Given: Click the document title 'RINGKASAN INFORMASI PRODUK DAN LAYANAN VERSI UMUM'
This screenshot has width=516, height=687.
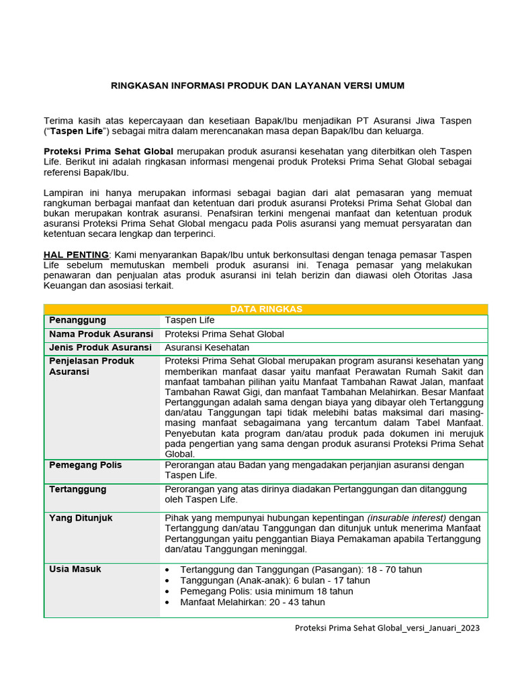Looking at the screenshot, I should [257, 86].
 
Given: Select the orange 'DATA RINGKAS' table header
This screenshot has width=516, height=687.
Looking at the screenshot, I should [266, 309].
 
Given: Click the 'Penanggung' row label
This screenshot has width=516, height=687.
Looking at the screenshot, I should [77, 321].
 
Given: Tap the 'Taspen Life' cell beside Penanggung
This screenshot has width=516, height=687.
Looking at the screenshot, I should [189, 321].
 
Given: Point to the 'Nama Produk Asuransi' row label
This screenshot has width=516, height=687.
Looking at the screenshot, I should [101, 334].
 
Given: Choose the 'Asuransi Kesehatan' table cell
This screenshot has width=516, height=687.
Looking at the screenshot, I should [207, 348].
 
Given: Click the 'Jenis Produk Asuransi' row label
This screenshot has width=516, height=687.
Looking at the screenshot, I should [100, 348].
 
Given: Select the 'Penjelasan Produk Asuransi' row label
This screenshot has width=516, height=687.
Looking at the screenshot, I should [91, 366].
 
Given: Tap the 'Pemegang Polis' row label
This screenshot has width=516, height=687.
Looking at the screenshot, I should [85, 465].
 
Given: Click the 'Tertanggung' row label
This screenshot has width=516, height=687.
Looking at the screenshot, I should [77, 489].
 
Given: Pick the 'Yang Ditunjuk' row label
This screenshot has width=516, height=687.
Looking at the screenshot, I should [81, 518].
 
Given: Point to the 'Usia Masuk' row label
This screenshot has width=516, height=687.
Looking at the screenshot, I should [75, 569].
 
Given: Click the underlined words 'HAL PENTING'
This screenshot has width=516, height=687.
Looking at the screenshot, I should [76, 255].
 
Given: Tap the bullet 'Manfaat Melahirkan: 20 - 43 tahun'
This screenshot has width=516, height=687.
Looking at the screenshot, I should [253, 602].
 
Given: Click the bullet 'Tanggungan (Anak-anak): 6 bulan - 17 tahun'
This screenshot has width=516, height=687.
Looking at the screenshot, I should [275, 580].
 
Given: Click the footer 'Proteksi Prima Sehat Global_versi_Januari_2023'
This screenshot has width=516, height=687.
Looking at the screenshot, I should [388, 628].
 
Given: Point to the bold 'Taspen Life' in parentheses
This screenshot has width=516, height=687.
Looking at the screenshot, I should [75, 131].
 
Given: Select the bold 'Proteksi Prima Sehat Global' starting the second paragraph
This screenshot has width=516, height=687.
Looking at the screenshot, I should [108, 152].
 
